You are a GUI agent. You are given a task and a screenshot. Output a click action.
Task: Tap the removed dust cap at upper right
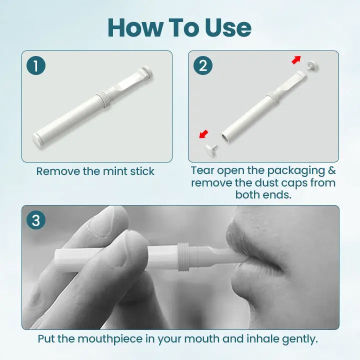point(313,65)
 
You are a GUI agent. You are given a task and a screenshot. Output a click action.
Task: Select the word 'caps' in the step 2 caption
point(289,183)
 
